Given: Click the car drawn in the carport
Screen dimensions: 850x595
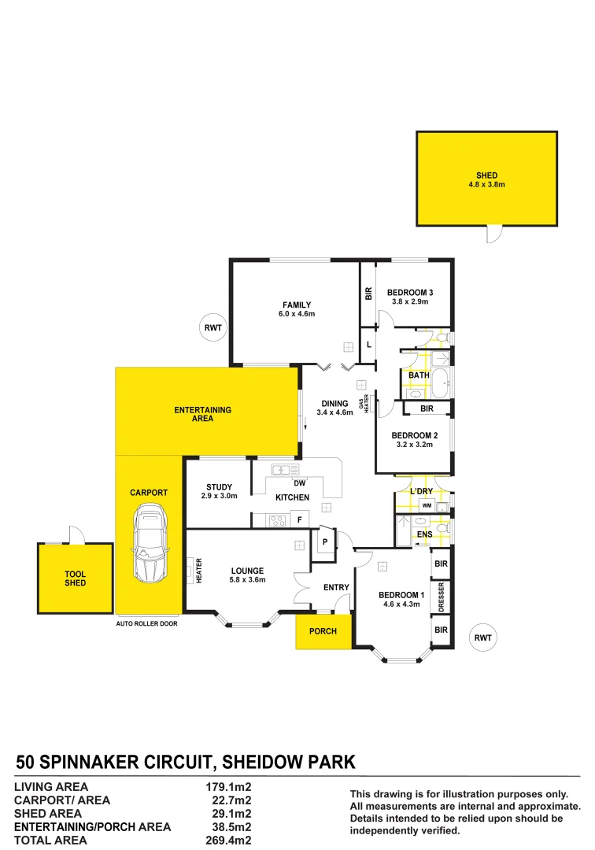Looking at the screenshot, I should pyautogui.click(x=150, y=542).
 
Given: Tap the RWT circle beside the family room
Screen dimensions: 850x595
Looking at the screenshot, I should pyautogui.click(x=213, y=327).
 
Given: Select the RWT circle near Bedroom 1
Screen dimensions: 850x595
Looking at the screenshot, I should pyautogui.click(x=482, y=638).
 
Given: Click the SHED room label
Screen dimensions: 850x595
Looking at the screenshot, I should pyautogui.click(x=486, y=176).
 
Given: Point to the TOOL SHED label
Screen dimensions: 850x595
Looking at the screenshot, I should pyautogui.click(x=76, y=578).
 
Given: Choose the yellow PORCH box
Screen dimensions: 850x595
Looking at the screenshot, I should pyautogui.click(x=323, y=631).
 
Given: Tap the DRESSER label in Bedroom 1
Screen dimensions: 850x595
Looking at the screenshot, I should pyautogui.click(x=442, y=597).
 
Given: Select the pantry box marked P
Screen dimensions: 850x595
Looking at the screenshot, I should pyautogui.click(x=323, y=541).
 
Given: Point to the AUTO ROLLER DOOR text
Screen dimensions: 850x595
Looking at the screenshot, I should pyautogui.click(x=147, y=623).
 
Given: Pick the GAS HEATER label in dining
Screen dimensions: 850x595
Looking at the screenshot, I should pyautogui.click(x=364, y=407).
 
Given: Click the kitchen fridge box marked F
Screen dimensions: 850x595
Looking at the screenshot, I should pyautogui.click(x=299, y=519).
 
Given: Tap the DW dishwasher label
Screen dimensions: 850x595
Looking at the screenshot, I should pyautogui.click(x=299, y=483).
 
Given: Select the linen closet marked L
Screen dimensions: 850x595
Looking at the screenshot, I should pyautogui.click(x=367, y=344).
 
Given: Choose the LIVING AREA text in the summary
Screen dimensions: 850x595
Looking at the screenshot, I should pyautogui.click(x=52, y=786).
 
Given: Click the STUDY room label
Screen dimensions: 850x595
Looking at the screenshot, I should pyautogui.click(x=218, y=487).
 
